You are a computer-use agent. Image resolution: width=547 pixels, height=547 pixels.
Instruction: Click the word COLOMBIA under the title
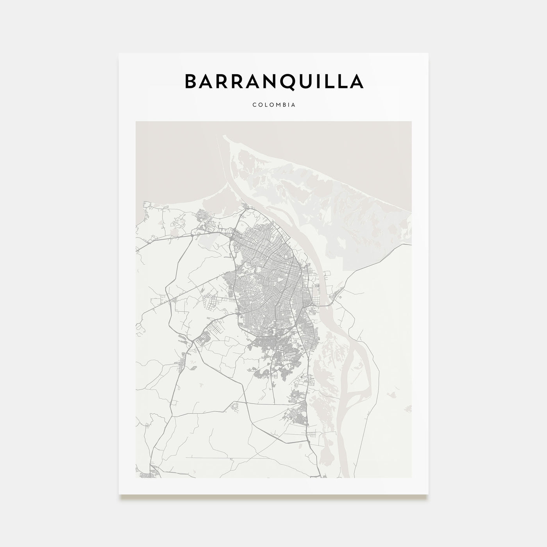pyautogui.click(x=273, y=105)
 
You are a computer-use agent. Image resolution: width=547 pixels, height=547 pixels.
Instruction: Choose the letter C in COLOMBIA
pyautogui.click(x=254, y=105)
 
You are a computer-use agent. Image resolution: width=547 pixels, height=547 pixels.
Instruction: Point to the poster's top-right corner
pyautogui.click(x=428, y=53)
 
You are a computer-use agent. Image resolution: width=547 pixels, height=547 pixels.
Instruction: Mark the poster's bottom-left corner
pyautogui.click(x=119, y=494)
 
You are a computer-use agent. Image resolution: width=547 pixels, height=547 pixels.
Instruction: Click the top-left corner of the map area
pyautogui.click(x=136, y=122)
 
